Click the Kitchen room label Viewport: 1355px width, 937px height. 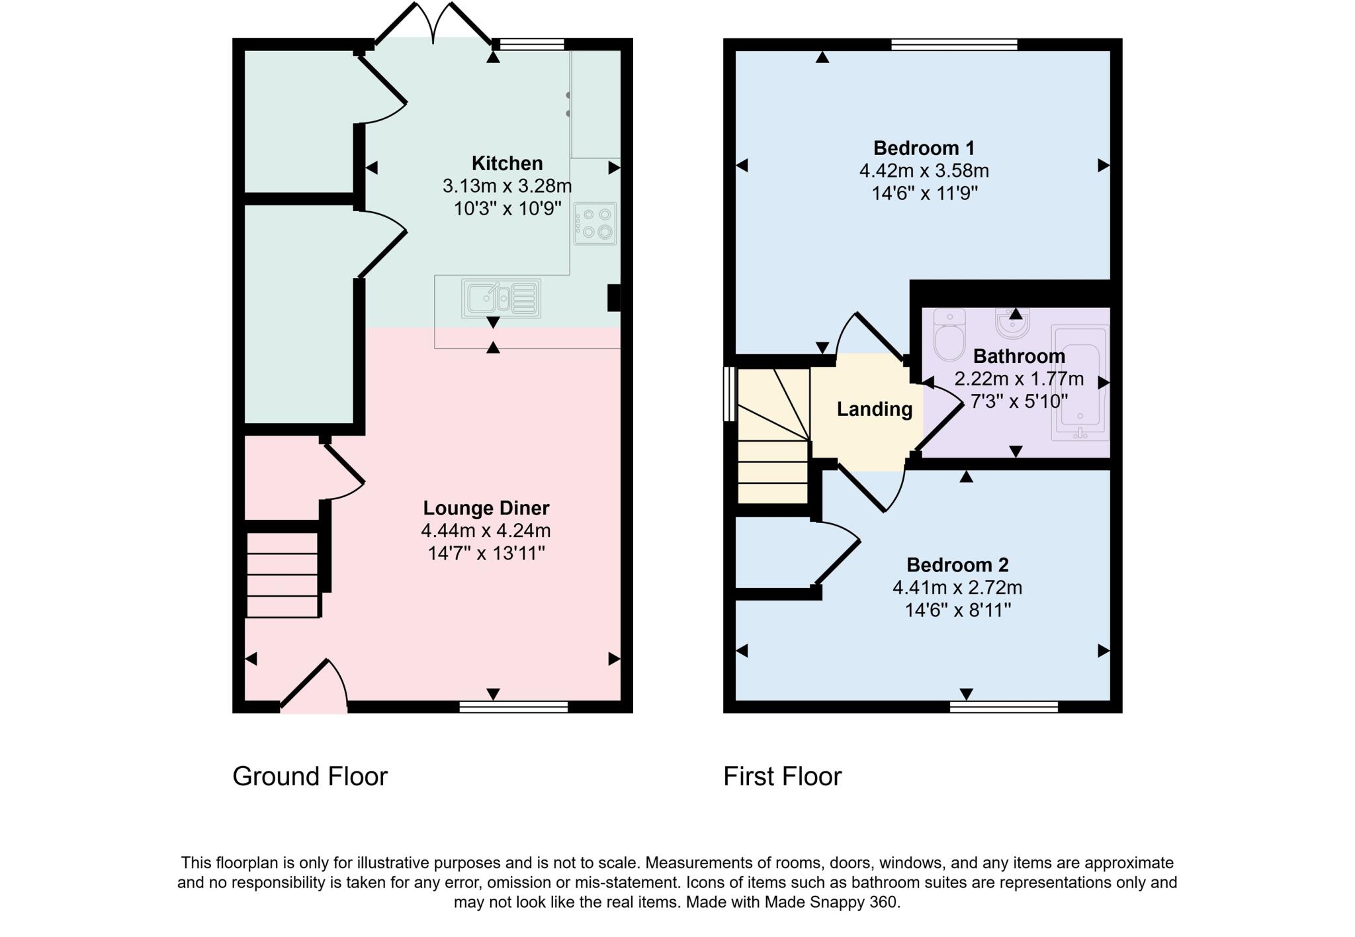pos(507,163)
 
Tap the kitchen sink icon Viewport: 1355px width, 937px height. pos(501,299)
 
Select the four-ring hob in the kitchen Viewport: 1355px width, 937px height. pos(595,224)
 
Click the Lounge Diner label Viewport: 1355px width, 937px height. pos(486,508)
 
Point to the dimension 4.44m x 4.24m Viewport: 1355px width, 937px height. pos(486,530)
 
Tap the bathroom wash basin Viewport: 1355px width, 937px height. pos(1012,324)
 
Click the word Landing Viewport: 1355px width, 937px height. pos(874,409)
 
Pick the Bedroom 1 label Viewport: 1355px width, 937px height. pos(924,148)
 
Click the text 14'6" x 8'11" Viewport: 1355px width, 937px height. pos(957,610)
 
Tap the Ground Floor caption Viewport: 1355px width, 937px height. pos(310,776)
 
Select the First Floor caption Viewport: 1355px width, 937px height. pos(782,776)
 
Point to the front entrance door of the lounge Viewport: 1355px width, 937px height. pos(314,689)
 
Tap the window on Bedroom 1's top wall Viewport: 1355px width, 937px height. pos(953,44)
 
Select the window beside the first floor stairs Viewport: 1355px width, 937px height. pos(730,394)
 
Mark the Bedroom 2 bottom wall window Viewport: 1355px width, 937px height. pos(1004,707)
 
